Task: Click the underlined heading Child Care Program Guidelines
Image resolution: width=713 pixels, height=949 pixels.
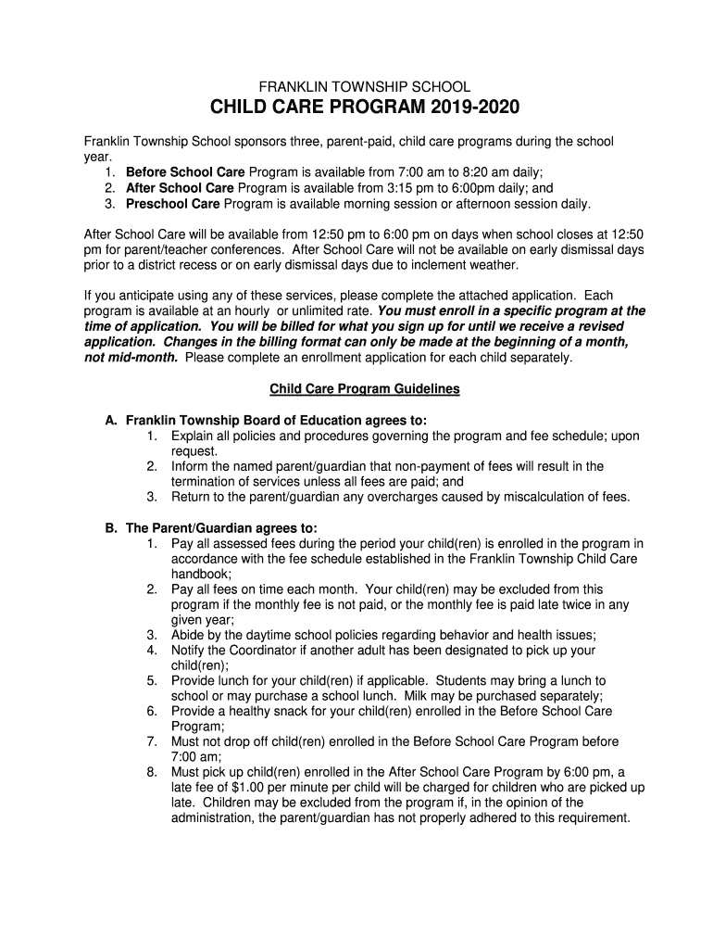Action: click(364, 389)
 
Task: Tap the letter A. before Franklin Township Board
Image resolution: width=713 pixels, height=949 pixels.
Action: click(110, 421)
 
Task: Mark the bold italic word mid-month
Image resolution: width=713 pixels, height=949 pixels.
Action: click(141, 357)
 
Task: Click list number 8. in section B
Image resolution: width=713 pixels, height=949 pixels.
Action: click(151, 772)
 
